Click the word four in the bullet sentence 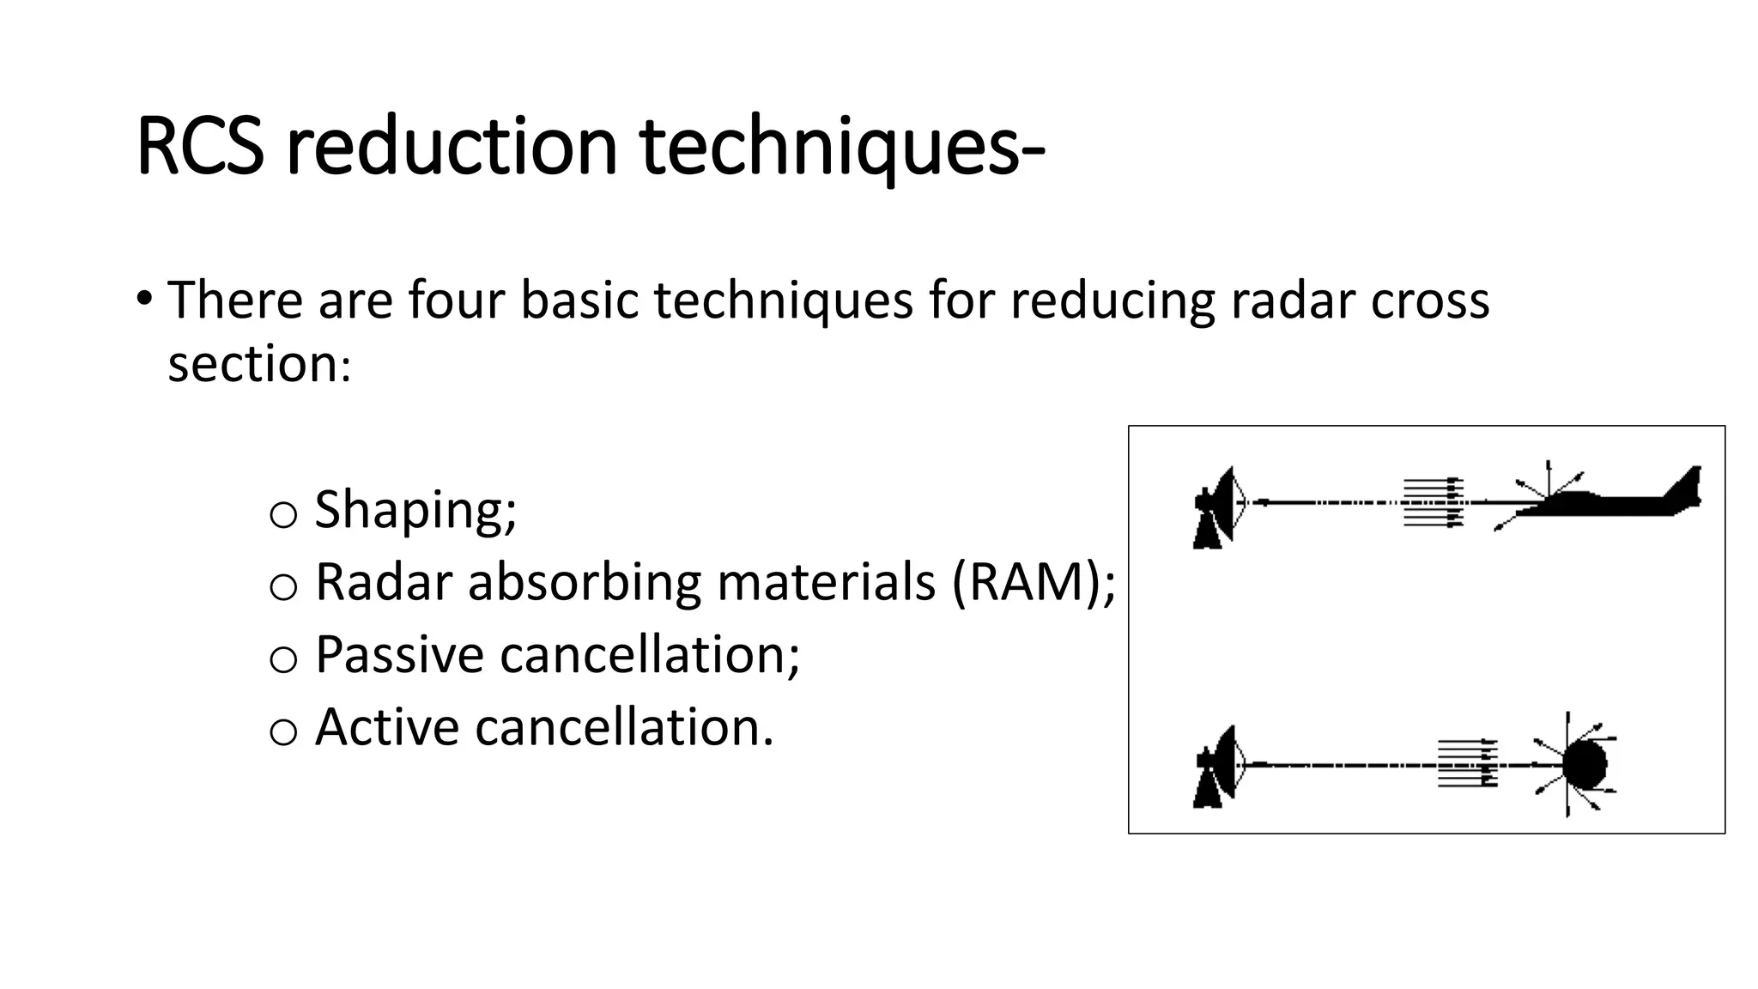455,300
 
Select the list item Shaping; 415,509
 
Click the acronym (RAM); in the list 1033,582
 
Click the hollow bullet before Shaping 283,514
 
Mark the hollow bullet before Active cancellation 283,732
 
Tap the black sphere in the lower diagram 1584,764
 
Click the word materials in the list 826,582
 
